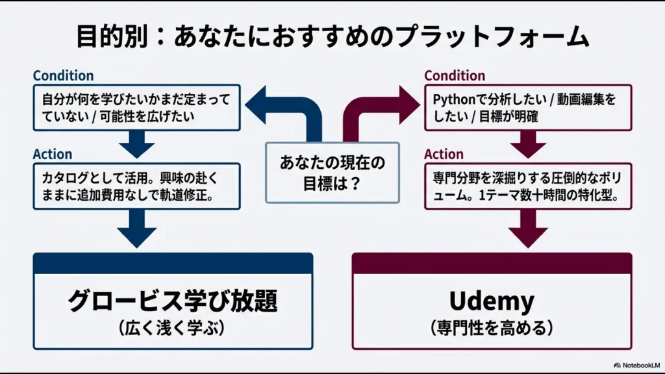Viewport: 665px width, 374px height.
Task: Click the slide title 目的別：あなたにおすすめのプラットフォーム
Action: point(332,37)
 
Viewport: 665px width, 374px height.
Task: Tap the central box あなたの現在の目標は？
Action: point(332,172)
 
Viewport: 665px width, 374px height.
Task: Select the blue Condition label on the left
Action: point(63,76)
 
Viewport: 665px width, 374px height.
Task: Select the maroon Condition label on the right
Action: point(455,76)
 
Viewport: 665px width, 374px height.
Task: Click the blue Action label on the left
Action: point(53,155)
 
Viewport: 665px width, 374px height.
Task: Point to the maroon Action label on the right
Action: point(444,155)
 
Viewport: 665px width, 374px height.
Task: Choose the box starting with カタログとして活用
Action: point(137,186)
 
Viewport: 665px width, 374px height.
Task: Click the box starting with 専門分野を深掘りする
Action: point(528,186)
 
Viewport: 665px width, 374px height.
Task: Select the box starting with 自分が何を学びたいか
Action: point(137,108)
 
